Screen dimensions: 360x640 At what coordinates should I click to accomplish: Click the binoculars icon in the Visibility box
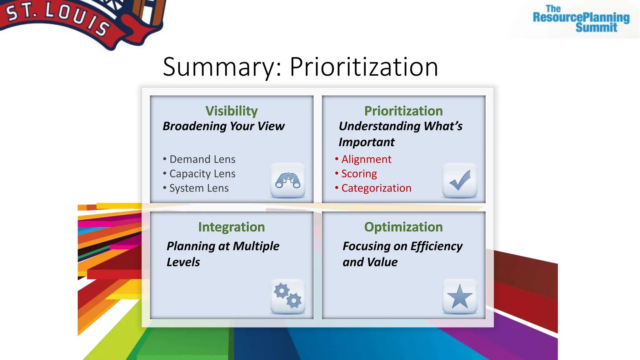(288, 180)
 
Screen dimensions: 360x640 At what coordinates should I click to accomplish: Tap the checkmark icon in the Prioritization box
(460, 180)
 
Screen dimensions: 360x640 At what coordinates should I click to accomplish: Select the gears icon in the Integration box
(288, 296)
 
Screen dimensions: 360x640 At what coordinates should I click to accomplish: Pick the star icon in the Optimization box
(460, 296)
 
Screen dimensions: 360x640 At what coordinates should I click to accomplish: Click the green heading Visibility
(232, 111)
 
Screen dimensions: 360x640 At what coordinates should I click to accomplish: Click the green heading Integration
(232, 227)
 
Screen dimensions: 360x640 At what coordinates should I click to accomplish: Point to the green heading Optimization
(403, 227)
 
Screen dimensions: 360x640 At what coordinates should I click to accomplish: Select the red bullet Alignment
(366, 159)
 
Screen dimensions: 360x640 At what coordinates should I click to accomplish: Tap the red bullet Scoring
(359, 174)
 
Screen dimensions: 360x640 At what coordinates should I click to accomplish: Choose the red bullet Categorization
(376, 188)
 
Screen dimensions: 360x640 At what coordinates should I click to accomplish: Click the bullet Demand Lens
(202, 159)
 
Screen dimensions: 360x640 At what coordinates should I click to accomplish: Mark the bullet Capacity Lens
(202, 174)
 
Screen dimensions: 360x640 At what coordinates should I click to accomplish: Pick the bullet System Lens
(199, 188)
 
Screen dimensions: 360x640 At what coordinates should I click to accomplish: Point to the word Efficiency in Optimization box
(436, 246)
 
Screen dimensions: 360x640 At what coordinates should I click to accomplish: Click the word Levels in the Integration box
(183, 262)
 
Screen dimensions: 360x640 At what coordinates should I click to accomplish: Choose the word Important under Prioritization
(367, 142)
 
